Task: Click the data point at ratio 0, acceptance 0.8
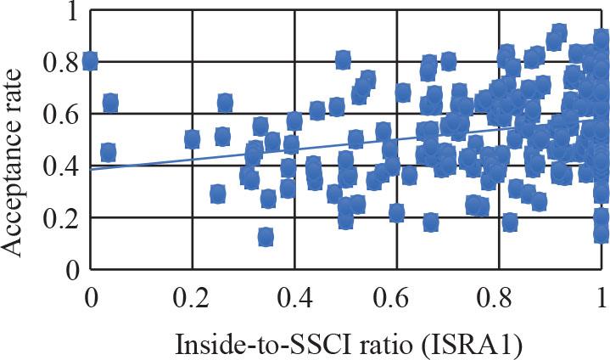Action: click(x=90, y=61)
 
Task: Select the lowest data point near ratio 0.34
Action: click(x=266, y=237)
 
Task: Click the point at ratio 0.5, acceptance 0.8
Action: click(x=343, y=60)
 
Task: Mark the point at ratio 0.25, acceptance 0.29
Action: click(x=218, y=194)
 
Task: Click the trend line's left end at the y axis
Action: click(x=92, y=169)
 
